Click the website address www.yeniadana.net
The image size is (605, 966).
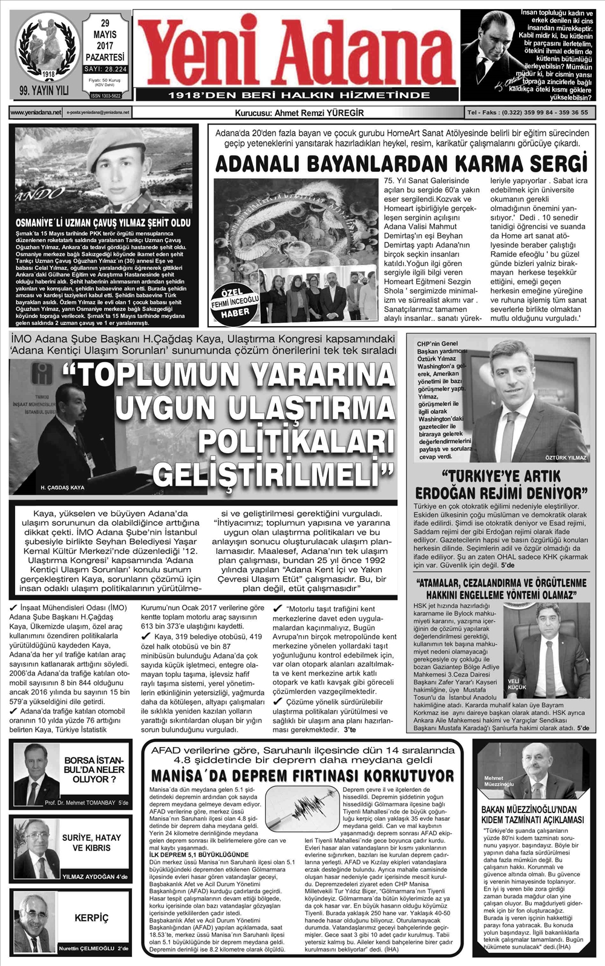point(36,113)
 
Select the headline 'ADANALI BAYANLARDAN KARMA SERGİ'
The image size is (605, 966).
point(401,164)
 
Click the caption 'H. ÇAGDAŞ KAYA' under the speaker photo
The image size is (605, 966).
point(62,487)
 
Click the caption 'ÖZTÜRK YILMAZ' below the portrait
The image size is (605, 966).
point(566,457)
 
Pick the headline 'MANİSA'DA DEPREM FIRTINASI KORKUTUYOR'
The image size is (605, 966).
point(302,775)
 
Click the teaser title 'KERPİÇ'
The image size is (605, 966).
point(91,918)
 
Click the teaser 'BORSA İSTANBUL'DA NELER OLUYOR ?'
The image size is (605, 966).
point(94,769)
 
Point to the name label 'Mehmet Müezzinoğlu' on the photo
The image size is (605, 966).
point(499,781)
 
